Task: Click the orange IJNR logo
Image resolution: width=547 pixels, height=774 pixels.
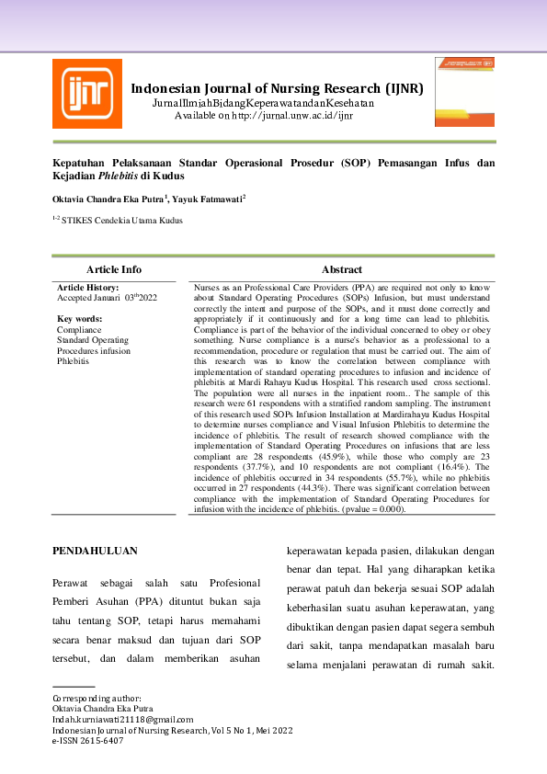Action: [x=86, y=93]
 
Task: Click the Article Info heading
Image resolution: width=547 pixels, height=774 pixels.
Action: [x=114, y=269]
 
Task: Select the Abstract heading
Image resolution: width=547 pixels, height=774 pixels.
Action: [x=341, y=269]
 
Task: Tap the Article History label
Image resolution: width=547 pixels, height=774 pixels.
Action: [x=89, y=288]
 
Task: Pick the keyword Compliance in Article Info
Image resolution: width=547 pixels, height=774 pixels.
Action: [x=79, y=328]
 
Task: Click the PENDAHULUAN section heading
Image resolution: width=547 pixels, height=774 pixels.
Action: [x=96, y=551]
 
